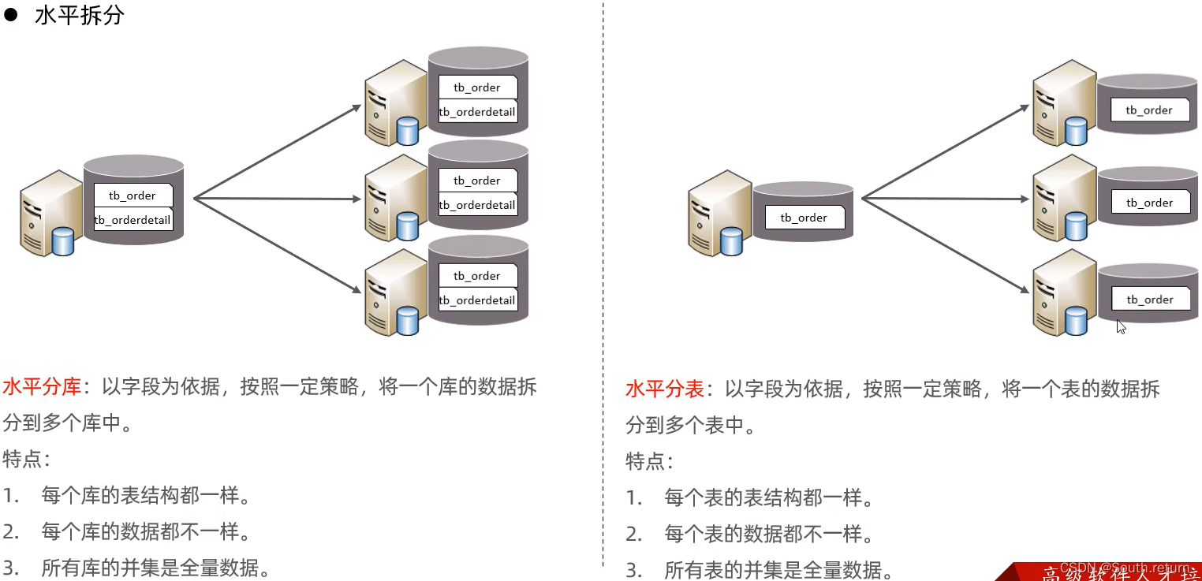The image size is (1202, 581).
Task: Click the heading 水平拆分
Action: pyautogui.click(x=80, y=15)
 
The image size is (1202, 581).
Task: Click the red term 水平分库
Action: pyautogui.click(x=42, y=387)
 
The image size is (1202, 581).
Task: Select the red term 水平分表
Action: pyautogui.click(x=665, y=389)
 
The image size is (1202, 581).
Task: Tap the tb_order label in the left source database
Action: pyautogui.click(x=133, y=196)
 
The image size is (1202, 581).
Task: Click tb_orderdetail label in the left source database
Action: pyautogui.click(x=133, y=220)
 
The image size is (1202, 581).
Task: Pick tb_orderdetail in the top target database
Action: pyautogui.click(x=477, y=112)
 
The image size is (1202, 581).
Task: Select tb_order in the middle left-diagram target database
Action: pyautogui.click(x=477, y=181)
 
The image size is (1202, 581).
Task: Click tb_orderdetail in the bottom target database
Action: pyautogui.click(x=477, y=300)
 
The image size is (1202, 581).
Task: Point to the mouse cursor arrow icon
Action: pyautogui.click(x=1121, y=326)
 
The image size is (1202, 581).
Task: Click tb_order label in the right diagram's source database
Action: pyautogui.click(x=804, y=218)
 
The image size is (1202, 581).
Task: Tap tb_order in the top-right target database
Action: pyautogui.click(x=1149, y=110)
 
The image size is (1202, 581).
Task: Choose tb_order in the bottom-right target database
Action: pyautogui.click(x=1149, y=300)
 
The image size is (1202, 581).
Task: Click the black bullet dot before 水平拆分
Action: pyautogui.click(x=11, y=15)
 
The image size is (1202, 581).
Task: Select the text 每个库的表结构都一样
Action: pyautogui.click(x=146, y=496)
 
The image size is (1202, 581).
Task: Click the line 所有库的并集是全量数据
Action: pyautogui.click(x=155, y=567)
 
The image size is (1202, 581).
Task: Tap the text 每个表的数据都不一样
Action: pyautogui.click(x=769, y=534)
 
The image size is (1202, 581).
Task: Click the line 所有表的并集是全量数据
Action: pyautogui.click(x=778, y=569)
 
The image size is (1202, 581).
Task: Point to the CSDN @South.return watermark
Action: pyautogui.click(x=1124, y=568)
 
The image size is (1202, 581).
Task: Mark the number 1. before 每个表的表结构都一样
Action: pyautogui.click(x=635, y=498)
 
